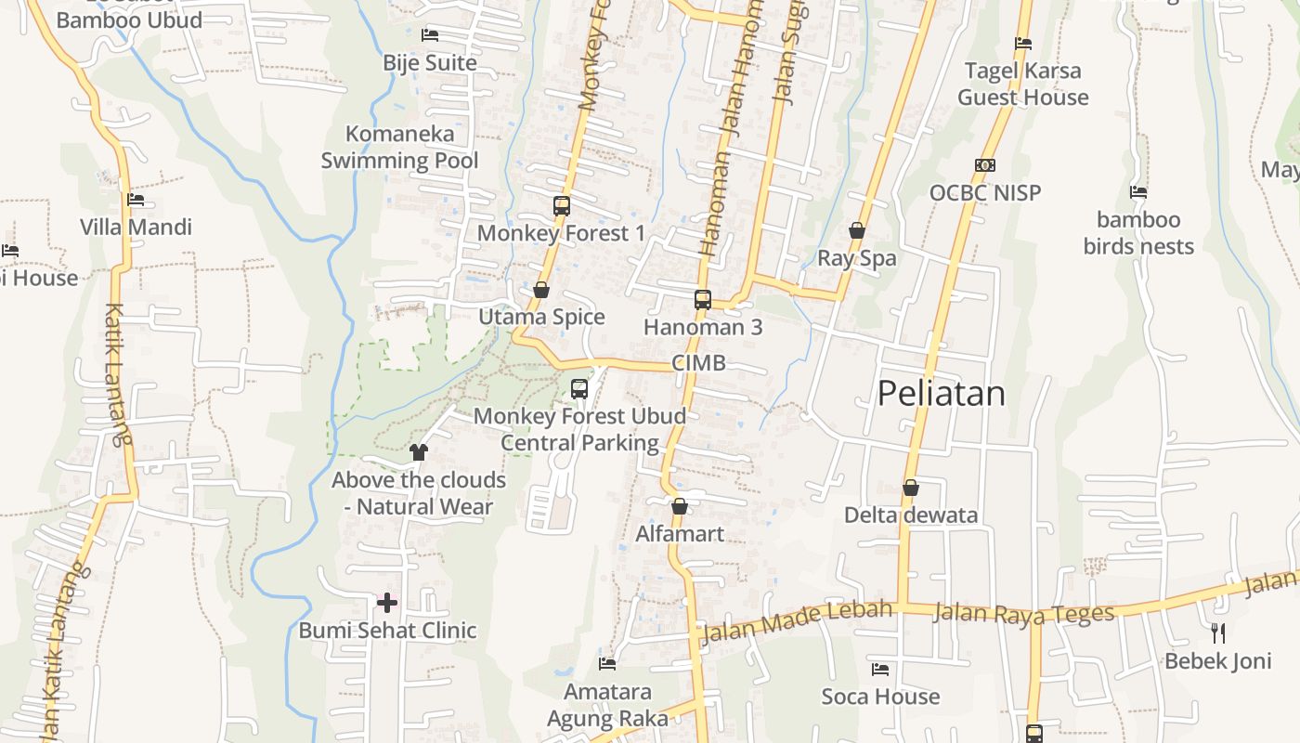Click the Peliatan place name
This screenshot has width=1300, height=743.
tap(941, 394)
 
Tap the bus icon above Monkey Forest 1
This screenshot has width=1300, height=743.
tap(562, 206)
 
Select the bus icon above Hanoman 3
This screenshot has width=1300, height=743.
tap(703, 300)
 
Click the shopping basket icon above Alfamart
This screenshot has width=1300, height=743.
tap(680, 506)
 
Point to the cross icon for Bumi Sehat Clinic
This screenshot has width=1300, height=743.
tap(387, 604)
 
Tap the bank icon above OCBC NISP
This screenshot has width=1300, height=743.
tap(985, 165)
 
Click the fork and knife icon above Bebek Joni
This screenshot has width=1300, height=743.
tap(1218, 633)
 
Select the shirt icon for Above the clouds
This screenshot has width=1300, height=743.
tap(419, 452)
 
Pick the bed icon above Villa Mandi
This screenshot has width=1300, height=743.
tap(136, 200)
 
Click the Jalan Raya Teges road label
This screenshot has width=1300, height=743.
tap(1023, 614)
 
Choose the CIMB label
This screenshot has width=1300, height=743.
tap(698, 363)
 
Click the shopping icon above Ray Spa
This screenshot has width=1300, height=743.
tap(857, 230)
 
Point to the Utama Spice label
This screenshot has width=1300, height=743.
tap(541, 318)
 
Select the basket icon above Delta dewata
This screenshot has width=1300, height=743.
tap(911, 488)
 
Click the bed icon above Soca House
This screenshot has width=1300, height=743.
tap(880, 669)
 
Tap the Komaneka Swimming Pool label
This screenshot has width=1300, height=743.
tap(400, 147)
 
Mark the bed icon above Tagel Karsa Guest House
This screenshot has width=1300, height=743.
tap(1023, 43)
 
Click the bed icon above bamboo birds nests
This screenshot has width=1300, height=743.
tap(1138, 192)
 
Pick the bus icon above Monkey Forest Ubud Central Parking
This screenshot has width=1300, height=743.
tap(579, 389)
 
